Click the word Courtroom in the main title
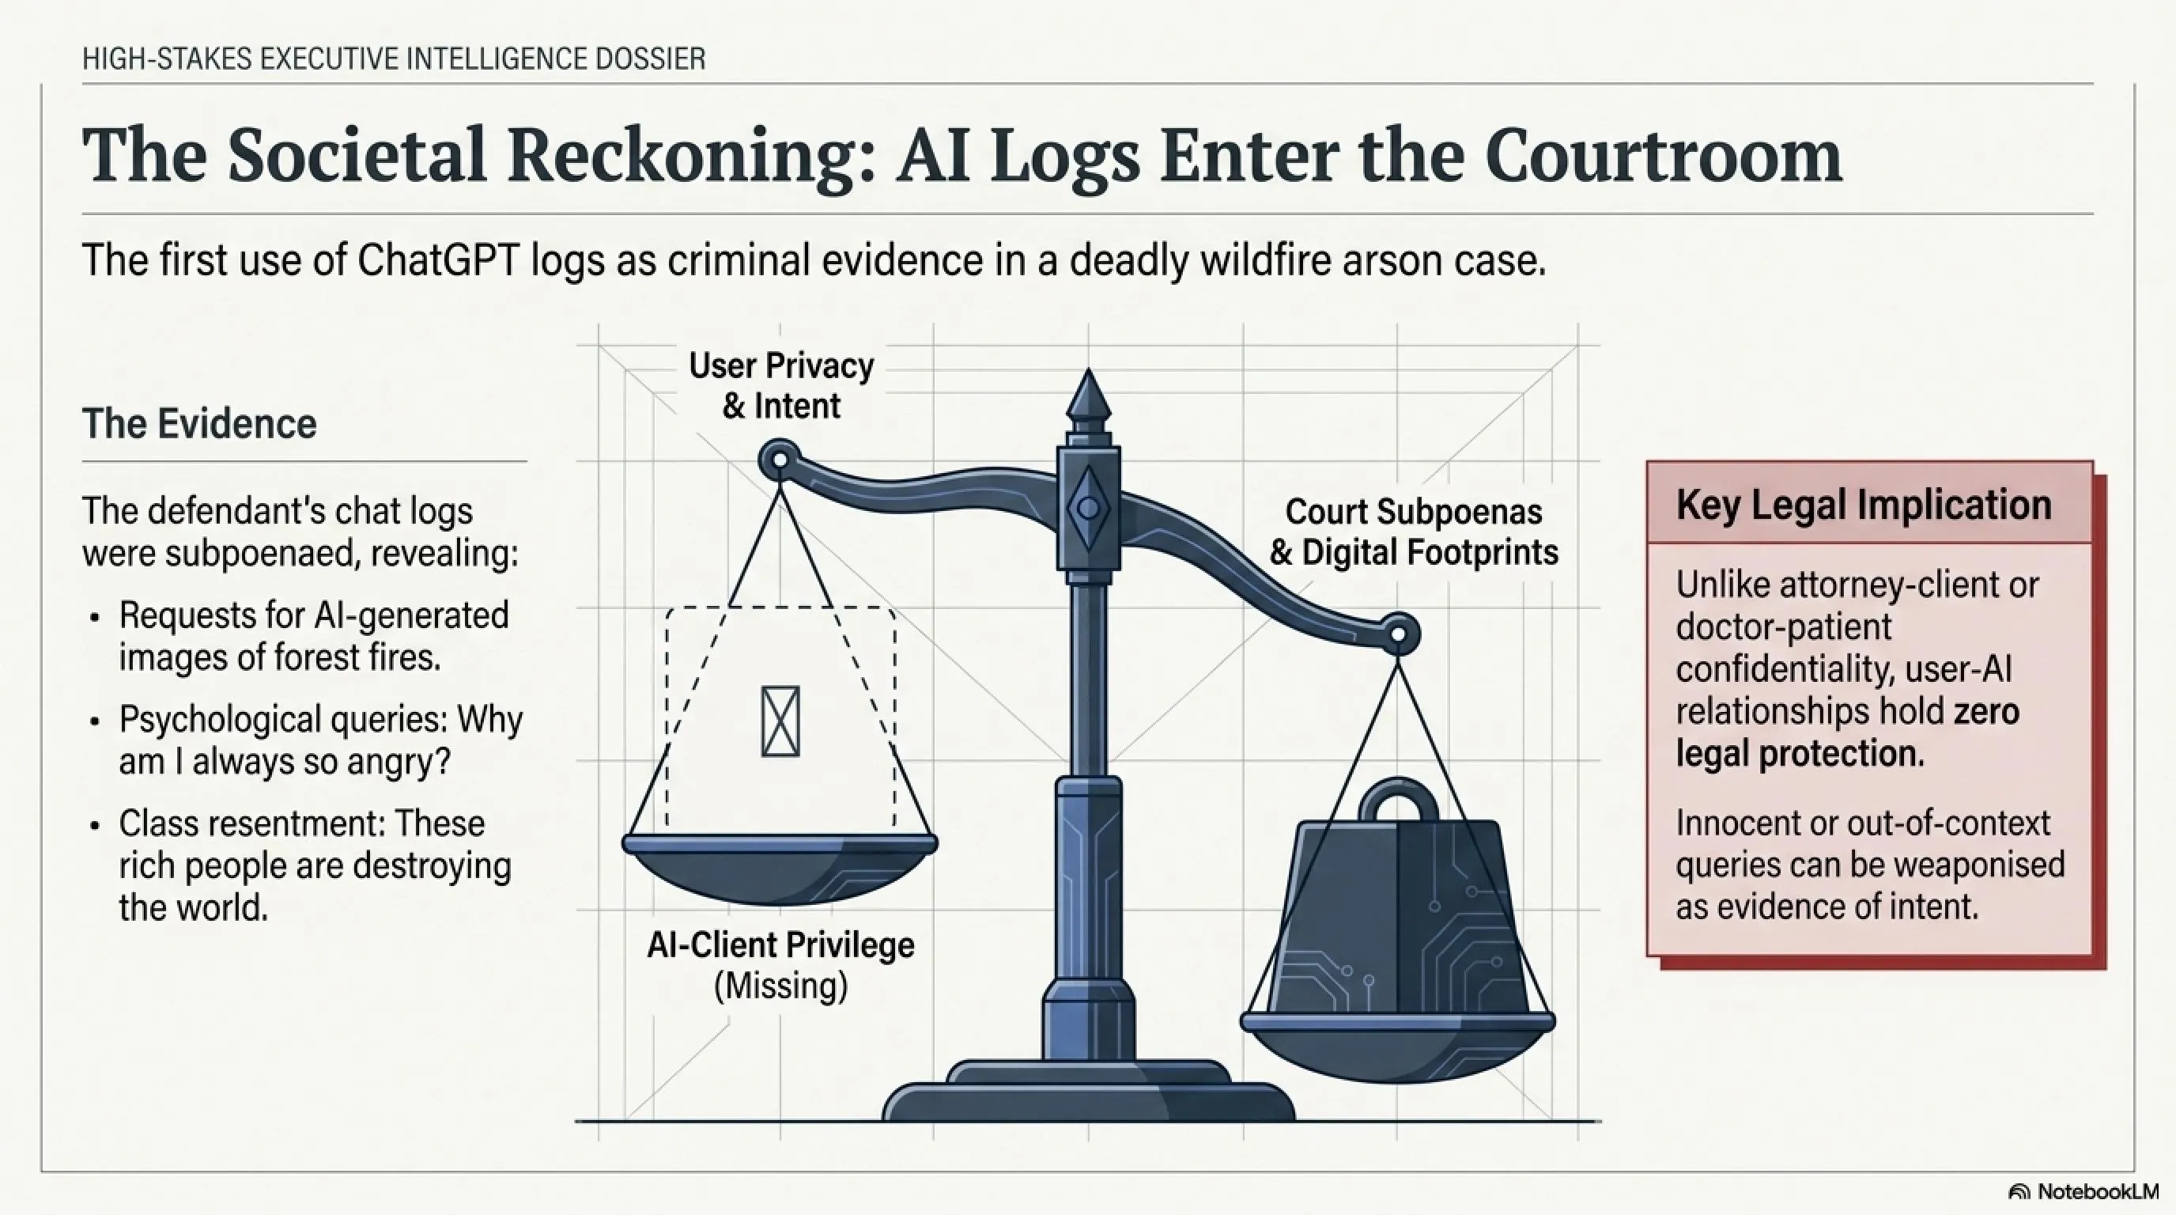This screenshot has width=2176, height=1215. [x=1664, y=157]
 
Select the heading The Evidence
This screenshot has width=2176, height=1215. [x=199, y=423]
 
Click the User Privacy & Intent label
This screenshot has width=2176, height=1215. [x=781, y=385]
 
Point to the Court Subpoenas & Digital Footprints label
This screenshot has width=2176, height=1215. [x=1413, y=532]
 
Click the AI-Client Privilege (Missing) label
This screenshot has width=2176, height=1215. [x=780, y=965]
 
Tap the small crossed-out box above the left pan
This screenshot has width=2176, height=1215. [x=780, y=721]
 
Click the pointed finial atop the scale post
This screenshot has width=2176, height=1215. [x=1088, y=397]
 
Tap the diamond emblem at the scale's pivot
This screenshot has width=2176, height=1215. [x=1088, y=509]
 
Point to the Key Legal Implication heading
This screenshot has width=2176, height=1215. [x=1864, y=505]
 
